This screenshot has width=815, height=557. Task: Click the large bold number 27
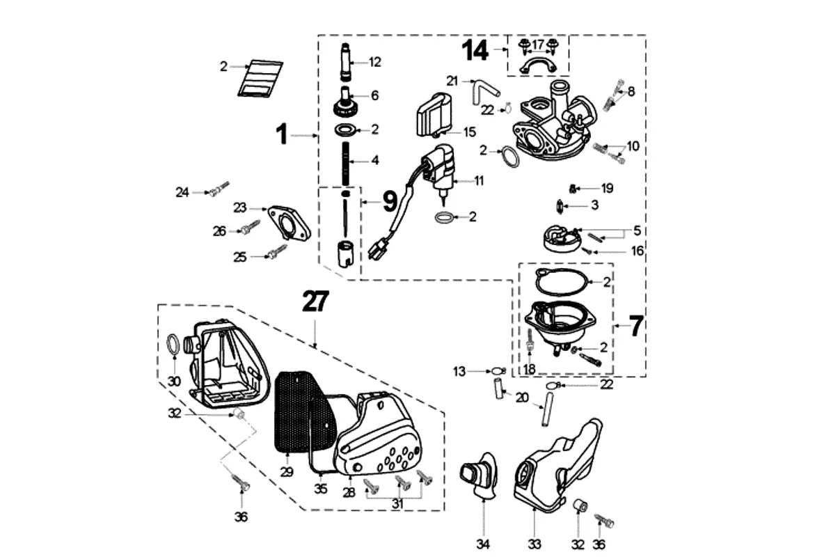(x=315, y=302)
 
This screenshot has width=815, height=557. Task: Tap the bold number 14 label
(x=477, y=50)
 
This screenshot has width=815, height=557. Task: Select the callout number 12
(x=375, y=63)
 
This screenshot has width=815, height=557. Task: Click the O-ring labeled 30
(x=173, y=343)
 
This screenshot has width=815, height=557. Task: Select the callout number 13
(x=459, y=372)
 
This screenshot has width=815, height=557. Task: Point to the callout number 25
(x=240, y=257)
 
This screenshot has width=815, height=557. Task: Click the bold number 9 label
(x=389, y=201)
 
